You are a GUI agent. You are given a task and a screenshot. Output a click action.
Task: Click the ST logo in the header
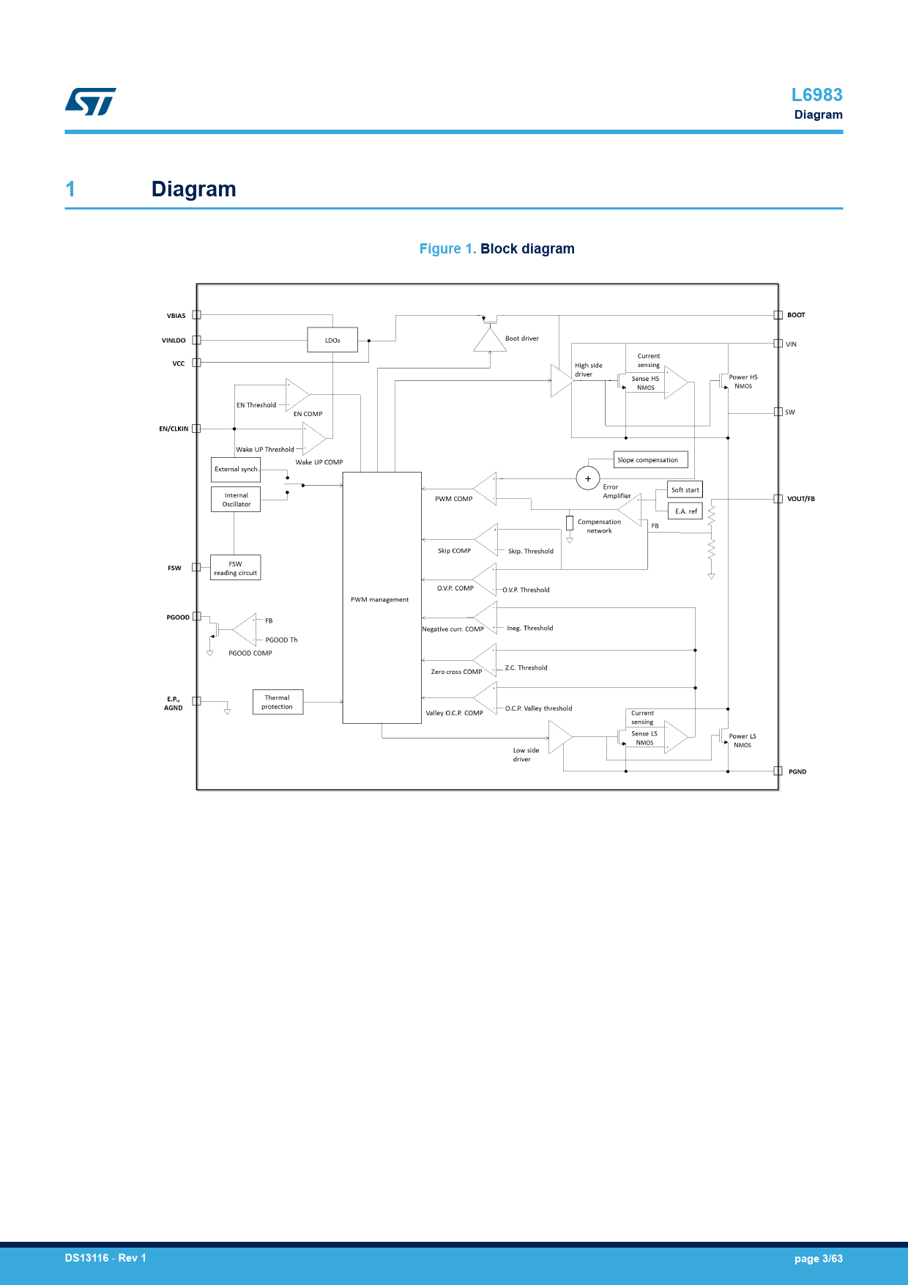click(x=91, y=102)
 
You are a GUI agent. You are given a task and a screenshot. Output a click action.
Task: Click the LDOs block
click(x=332, y=340)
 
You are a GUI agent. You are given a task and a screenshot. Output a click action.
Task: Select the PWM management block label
click(x=379, y=599)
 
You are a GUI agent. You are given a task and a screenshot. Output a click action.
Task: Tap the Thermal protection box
click(x=278, y=702)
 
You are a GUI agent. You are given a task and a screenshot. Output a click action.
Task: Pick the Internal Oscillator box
click(x=236, y=500)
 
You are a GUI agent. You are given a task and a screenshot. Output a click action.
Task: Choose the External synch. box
click(x=236, y=469)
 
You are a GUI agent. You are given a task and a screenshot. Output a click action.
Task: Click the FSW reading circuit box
click(x=235, y=568)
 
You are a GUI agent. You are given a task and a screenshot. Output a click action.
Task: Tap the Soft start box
click(x=685, y=490)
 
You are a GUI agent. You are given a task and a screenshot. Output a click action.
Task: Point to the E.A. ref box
click(x=685, y=511)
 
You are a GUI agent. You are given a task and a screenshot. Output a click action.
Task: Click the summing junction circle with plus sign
click(x=588, y=478)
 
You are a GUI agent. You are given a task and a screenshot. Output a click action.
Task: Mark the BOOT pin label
click(x=796, y=315)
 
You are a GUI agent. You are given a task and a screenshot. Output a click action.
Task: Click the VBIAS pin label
click(x=176, y=316)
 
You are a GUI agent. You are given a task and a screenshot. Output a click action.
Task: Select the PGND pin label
click(x=797, y=771)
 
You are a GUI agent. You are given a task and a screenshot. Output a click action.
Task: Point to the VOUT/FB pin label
click(x=800, y=499)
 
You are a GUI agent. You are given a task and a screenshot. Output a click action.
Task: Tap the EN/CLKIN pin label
click(x=174, y=429)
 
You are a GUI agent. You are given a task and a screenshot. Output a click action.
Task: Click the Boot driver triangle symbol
click(x=490, y=340)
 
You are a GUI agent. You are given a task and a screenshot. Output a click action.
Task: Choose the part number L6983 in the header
click(x=816, y=95)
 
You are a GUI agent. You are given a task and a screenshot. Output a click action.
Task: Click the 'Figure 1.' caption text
click(x=447, y=248)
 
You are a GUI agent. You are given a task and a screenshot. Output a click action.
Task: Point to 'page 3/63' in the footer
click(x=818, y=1259)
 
